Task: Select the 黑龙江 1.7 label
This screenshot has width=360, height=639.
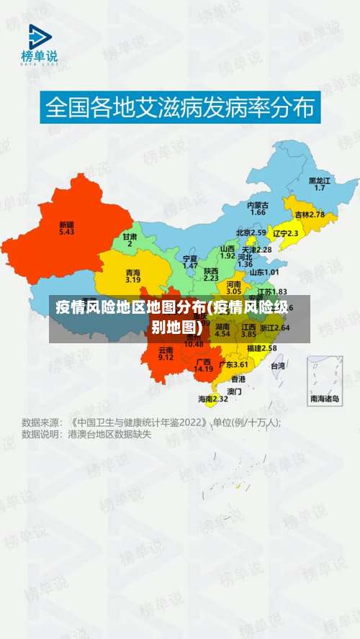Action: click(319, 183)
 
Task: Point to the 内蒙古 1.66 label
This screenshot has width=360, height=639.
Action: click(257, 209)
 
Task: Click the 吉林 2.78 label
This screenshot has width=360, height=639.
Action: click(310, 214)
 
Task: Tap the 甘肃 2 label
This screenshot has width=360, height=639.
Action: click(130, 240)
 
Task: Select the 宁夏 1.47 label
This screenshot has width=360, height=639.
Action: click(190, 261)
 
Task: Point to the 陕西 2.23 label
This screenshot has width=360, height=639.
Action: click(211, 273)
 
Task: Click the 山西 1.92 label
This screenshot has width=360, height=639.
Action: click(228, 252)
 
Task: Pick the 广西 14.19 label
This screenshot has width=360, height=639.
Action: click(204, 365)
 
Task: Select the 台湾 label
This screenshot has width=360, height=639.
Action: click(277, 366)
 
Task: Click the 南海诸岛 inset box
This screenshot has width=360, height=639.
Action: click(325, 380)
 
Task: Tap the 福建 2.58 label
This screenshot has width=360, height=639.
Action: click(261, 348)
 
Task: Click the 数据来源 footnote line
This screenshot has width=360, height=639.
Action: click(151, 422)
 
